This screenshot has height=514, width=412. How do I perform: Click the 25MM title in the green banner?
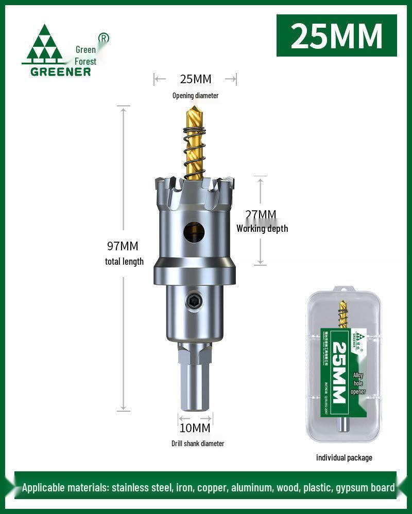337,35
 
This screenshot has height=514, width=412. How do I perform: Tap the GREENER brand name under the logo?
60,71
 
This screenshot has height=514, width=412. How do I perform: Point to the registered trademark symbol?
103,38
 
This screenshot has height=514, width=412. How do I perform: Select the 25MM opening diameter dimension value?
195,79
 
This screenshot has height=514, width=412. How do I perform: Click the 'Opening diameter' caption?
195,96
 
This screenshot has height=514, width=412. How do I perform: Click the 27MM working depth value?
261,215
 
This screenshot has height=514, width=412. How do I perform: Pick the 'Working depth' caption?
262,229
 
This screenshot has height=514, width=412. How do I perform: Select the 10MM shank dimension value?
195,427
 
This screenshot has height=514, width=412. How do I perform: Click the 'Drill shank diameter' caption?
198,443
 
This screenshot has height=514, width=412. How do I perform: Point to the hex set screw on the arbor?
194,303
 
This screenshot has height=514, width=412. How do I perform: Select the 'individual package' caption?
344,457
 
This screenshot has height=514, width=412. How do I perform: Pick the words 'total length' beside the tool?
124,262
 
